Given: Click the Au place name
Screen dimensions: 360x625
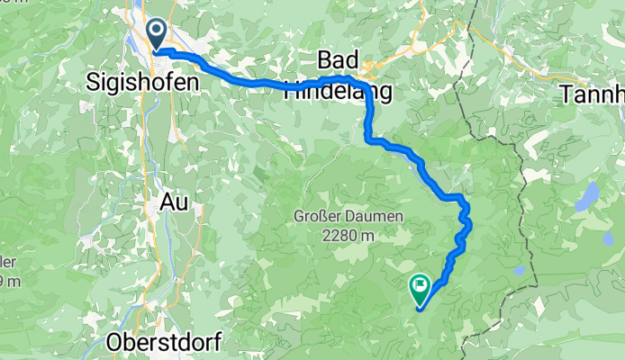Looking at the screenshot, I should tap(175, 202).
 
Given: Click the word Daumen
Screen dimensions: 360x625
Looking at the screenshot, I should tap(375, 217).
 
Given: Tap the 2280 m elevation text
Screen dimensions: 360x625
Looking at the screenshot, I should tap(347, 235).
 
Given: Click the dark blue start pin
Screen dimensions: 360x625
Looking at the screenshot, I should tap(156, 34).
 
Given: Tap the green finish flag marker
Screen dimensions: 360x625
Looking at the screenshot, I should tap(420, 288).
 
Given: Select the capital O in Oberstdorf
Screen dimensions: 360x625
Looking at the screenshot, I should tap(115, 342).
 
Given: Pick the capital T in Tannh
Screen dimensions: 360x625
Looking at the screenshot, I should tap(566, 93).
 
